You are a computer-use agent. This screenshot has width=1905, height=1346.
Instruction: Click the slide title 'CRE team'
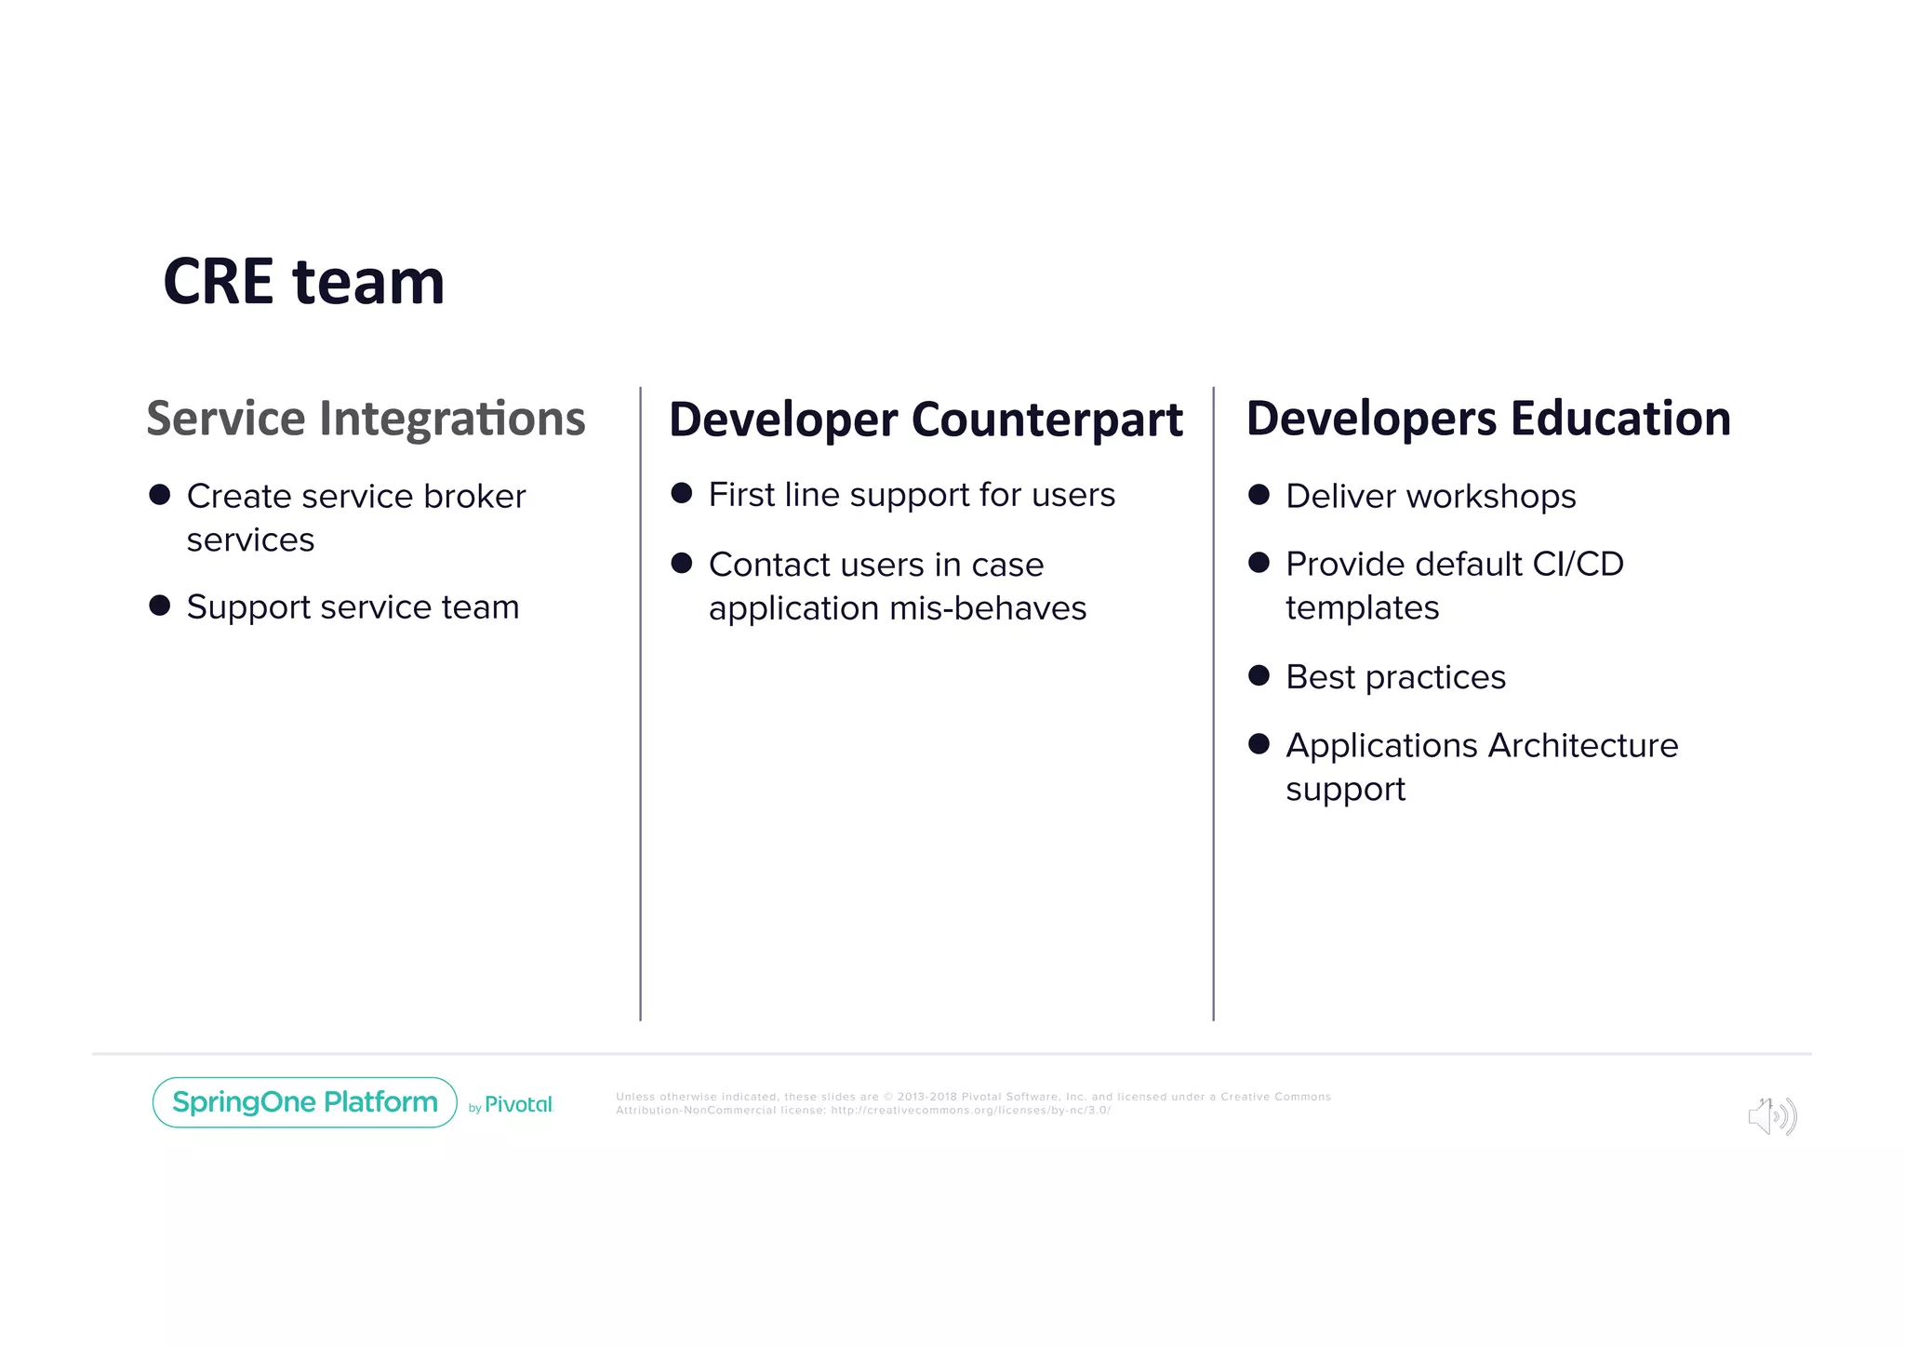pyautogui.click(x=303, y=282)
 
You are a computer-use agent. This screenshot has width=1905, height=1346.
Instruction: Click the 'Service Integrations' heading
pyautogui.click(x=366, y=419)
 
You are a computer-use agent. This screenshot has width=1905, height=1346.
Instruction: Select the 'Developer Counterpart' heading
pyautogui.click(x=926, y=420)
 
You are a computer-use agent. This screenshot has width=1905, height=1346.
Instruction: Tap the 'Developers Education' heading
pyautogui.click(x=1488, y=419)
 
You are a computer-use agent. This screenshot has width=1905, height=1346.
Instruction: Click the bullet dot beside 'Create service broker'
pyautogui.click(x=160, y=495)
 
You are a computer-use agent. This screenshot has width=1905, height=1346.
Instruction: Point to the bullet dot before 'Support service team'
pyautogui.click(x=160, y=606)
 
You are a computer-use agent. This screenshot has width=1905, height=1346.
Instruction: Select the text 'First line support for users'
pyautogui.click(x=912, y=495)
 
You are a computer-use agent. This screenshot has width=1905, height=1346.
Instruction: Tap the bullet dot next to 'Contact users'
pyautogui.click(x=682, y=563)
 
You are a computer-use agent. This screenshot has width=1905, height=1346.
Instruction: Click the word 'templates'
pyautogui.click(x=1362, y=608)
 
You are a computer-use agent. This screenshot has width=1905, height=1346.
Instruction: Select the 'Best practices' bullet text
pyautogui.click(x=1395, y=677)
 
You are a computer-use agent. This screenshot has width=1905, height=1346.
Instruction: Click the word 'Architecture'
pyautogui.click(x=1583, y=746)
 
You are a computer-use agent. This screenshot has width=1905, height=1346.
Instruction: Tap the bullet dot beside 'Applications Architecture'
pyautogui.click(x=1259, y=744)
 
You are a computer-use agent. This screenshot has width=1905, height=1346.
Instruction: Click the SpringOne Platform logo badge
pyautogui.click(x=304, y=1102)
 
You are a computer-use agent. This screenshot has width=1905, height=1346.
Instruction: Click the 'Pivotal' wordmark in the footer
pyautogui.click(x=518, y=1105)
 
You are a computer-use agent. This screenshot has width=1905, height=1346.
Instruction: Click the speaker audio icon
pyautogui.click(x=1772, y=1115)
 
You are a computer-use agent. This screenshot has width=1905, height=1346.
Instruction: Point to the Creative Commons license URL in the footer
pyautogui.click(x=970, y=1111)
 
